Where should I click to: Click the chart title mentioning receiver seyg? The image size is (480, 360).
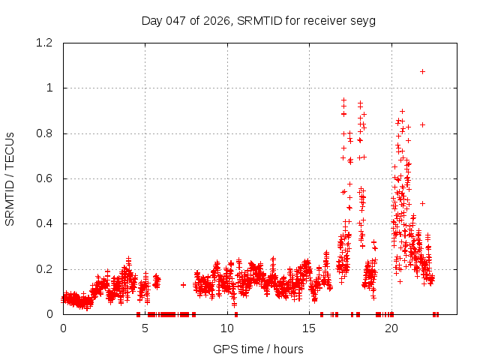pos(258,20)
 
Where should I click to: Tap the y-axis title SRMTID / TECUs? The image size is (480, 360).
pos(10,178)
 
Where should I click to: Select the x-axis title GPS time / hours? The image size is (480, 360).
pos(258,349)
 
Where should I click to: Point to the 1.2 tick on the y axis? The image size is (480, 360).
pos(46,43)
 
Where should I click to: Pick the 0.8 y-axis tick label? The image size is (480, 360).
pos(46,133)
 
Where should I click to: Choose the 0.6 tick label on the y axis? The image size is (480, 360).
pos(46,178)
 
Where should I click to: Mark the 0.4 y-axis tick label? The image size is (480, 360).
pos(46,223)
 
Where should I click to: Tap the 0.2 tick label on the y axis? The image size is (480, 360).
pos(46,269)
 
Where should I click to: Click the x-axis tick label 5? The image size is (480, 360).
pos(145,328)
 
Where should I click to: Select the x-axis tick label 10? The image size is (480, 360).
pos(227,328)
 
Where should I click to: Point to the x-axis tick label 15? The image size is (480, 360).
pos(309,328)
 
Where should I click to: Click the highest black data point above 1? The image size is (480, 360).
pos(423,71)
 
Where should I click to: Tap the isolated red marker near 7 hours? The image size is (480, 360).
pos(183,285)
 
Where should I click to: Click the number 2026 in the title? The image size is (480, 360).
pos(217,20)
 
